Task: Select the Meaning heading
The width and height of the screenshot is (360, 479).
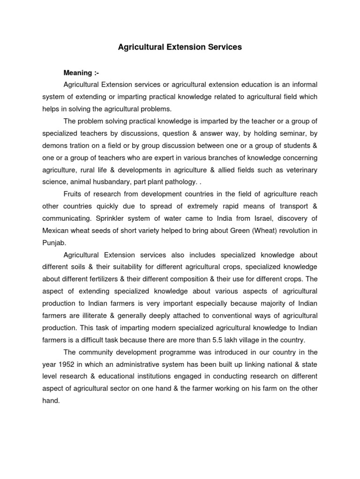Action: click(81, 73)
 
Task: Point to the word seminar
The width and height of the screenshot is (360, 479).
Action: click(279, 133)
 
